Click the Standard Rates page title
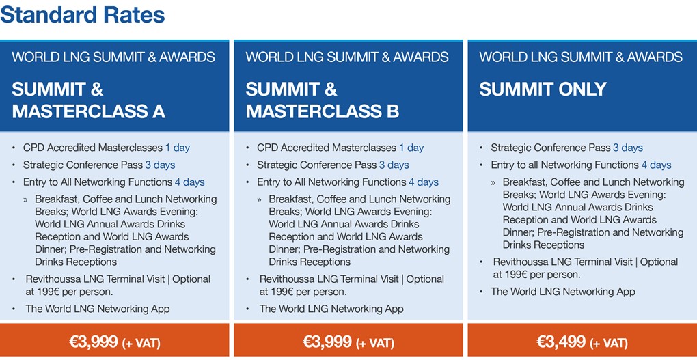(x=83, y=14)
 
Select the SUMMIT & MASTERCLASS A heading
(x=88, y=100)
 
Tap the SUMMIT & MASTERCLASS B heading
(x=323, y=100)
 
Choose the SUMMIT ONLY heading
(x=543, y=89)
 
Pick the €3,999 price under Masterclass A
(x=94, y=342)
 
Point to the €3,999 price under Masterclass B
(x=327, y=342)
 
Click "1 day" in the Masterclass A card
(x=178, y=148)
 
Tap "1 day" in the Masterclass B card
(x=411, y=148)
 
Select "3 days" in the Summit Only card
(x=628, y=148)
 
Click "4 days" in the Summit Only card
(x=656, y=165)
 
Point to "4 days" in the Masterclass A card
(x=190, y=182)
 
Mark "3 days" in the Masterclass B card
(x=394, y=165)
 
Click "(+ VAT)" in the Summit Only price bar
(x=609, y=343)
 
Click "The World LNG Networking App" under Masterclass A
(x=98, y=309)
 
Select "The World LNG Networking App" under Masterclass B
(x=331, y=309)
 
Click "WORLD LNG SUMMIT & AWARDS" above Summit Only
(x=581, y=57)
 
